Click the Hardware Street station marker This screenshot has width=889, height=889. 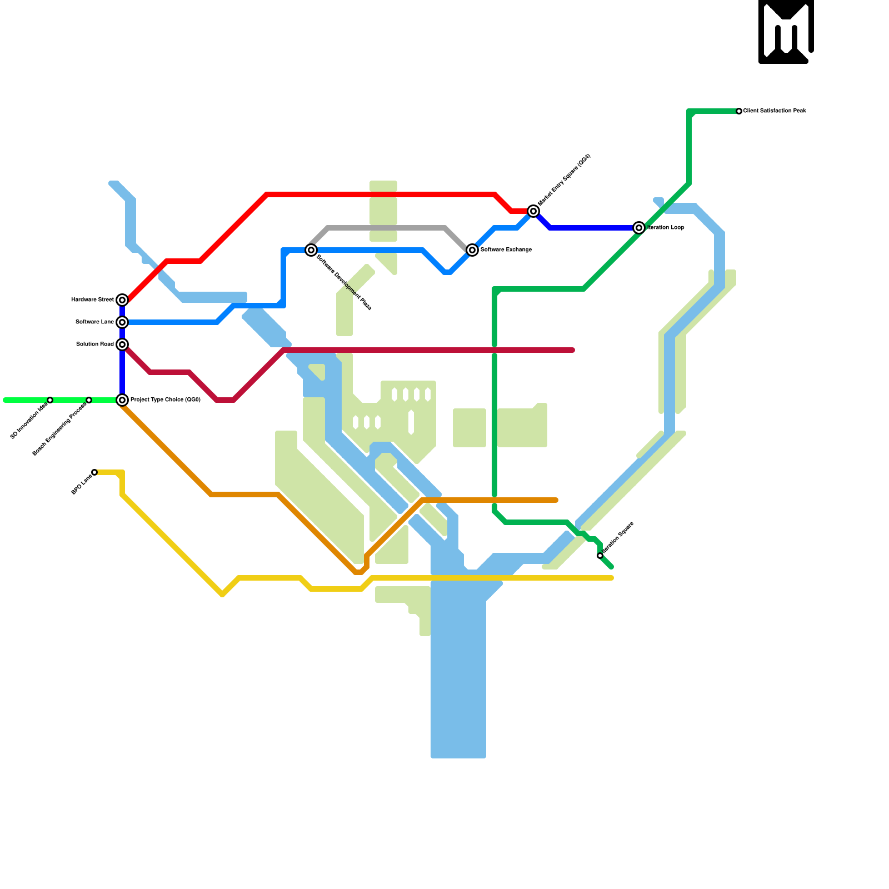[x=122, y=300]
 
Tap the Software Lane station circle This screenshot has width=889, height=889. [x=122, y=322]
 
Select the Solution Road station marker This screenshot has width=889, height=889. [x=122, y=344]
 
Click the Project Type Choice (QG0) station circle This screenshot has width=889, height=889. [x=122, y=400]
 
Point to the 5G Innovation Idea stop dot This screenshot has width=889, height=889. [x=50, y=400]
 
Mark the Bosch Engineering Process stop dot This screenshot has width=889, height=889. [x=89, y=400]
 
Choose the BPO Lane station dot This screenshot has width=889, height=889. [x=94, y=472]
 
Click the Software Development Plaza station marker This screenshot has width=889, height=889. [x=311, y=250]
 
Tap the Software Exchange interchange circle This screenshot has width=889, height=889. [x=472, y=250]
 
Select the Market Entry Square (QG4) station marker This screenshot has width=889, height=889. [x=533, y=211]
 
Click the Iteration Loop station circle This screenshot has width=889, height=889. [x=639, y=228]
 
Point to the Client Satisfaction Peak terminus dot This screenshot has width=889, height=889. [x=739, y=111]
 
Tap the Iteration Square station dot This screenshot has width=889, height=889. [x=600, y=556]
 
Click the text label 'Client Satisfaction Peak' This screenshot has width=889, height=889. [x=775, y=111]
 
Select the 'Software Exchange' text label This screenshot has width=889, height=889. [x=506, y=250]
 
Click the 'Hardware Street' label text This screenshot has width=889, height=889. [x=92, y=300]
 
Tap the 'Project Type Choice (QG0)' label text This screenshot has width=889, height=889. [x=166, y=400]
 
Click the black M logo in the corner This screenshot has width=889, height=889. [x=786, y=31]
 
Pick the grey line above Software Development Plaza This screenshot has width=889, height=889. [x=389, y=228]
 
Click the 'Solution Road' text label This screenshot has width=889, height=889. [x=94, y=344]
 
